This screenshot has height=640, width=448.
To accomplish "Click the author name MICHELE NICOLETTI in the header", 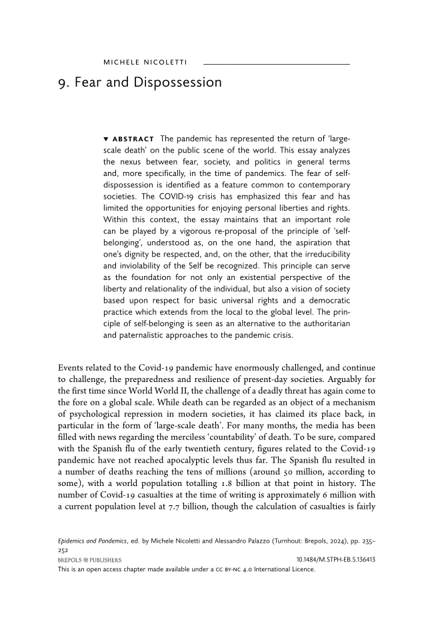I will point(145,63).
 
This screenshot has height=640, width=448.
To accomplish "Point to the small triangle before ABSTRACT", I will point(106,139).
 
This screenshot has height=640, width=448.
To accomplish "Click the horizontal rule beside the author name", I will point(276,63).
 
